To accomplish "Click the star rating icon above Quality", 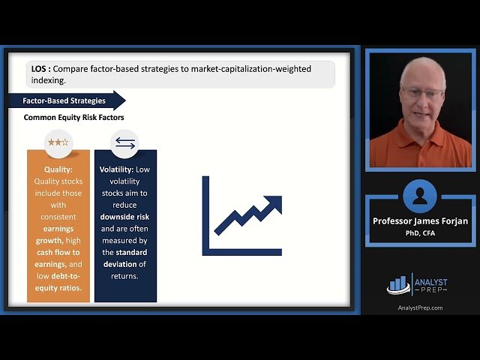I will pyautogui.click(x=58, y=142).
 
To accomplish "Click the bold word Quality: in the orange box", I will pyautogui.click(x=58, y=169).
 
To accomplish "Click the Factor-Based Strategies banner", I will pyautogui.click(x=64, y=100).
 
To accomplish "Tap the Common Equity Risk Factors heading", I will pyautogui.click(x=73, y=118).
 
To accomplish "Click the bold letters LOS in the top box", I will pyautogui.click(x=40, y=69).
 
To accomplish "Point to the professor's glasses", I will pyautogui.click(x=422, y=92).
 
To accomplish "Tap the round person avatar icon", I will pyautogui.click(x=419, y=196).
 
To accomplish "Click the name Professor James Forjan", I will pyautogui.click(x=420, y=221).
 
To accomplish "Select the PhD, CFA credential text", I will pyautogui.click(x=420, y=233).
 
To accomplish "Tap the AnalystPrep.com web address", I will pyautogui.click(x=419, y=307).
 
